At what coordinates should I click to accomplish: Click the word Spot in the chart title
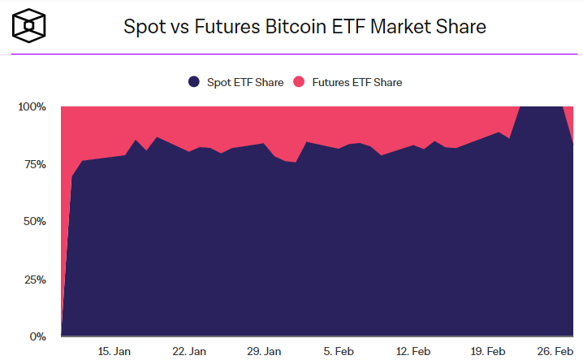(141, 27)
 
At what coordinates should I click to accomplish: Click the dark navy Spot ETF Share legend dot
(193, 82)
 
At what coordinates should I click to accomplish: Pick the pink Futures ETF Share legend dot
(298, 82)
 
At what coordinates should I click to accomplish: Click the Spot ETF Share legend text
(246, 82)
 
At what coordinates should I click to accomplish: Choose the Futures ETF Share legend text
(356, 82)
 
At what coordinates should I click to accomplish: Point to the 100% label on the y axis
(32, 106)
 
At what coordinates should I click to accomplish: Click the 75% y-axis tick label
(35, 164)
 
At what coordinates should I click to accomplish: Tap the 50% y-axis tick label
(35, 222)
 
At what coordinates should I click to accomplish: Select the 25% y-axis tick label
(35, 280)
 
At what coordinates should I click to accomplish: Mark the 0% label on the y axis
(38, 336)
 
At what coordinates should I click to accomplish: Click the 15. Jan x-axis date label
(114, 351)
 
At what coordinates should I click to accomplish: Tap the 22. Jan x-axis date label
(189, 351)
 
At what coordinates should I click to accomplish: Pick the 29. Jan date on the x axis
(264, 351)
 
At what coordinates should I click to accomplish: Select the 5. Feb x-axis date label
(339, 351)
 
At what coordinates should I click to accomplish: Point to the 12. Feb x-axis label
(413, 351)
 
